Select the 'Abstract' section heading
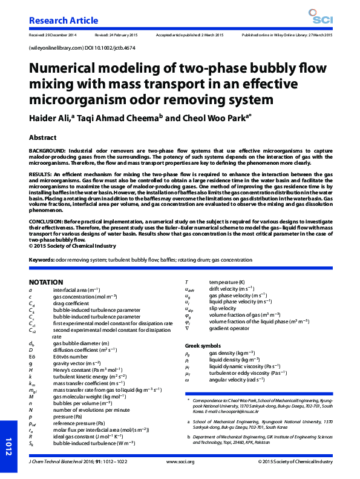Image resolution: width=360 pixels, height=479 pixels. [x=43, y=137]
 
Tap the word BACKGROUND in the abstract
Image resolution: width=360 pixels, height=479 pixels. [x=47, y=150]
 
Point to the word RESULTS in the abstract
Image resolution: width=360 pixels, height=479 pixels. [x=41, y=173]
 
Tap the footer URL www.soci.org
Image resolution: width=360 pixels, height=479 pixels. [x=180, y=461]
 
